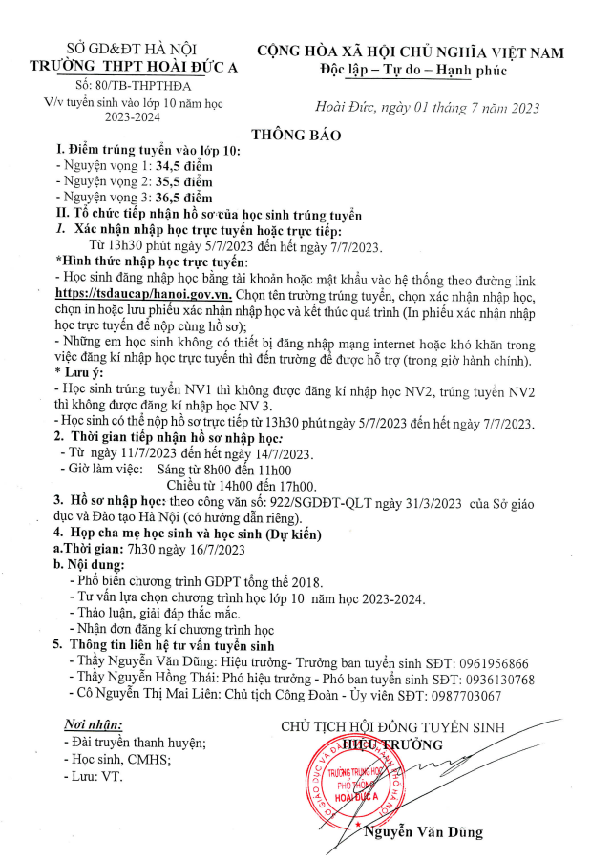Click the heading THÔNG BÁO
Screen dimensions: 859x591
coord(295,135)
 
